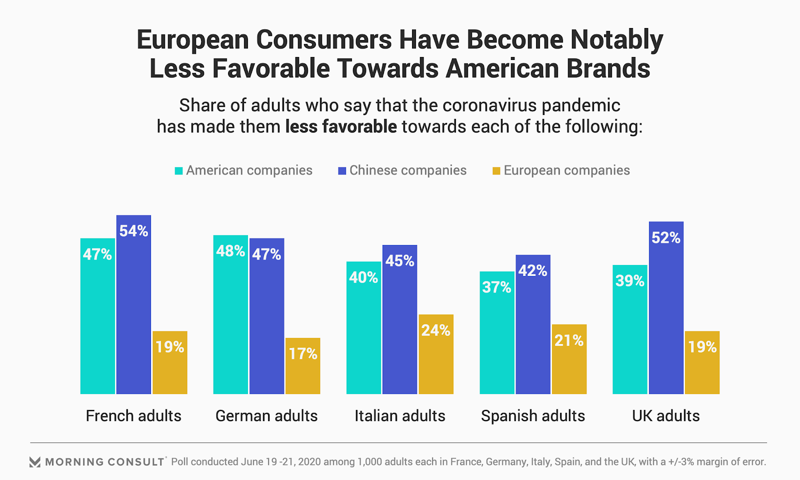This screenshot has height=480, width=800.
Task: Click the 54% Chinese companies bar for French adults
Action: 133,305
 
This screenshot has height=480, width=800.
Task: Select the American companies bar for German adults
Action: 230,315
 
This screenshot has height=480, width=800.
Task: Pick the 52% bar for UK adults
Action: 666,308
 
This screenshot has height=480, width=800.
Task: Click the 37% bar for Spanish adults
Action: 497,333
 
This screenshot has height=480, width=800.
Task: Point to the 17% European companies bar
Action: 303,366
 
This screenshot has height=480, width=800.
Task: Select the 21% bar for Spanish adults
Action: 569,359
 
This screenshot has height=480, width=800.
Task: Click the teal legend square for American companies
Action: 178,171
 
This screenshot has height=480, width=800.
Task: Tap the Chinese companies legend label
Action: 408,170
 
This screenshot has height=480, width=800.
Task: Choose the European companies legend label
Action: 566,170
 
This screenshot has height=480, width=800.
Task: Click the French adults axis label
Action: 133,415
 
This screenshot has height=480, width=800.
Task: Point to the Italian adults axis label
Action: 399,415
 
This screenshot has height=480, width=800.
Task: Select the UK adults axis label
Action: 665,415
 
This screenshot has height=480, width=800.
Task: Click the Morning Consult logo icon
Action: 35,462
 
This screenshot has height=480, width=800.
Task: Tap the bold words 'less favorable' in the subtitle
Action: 341,126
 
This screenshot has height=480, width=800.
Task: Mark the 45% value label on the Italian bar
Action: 399,260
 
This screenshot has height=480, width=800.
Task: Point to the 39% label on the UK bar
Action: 630,280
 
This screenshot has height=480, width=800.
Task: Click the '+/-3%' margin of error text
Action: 680,461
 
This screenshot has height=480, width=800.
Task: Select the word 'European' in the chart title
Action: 192,39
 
